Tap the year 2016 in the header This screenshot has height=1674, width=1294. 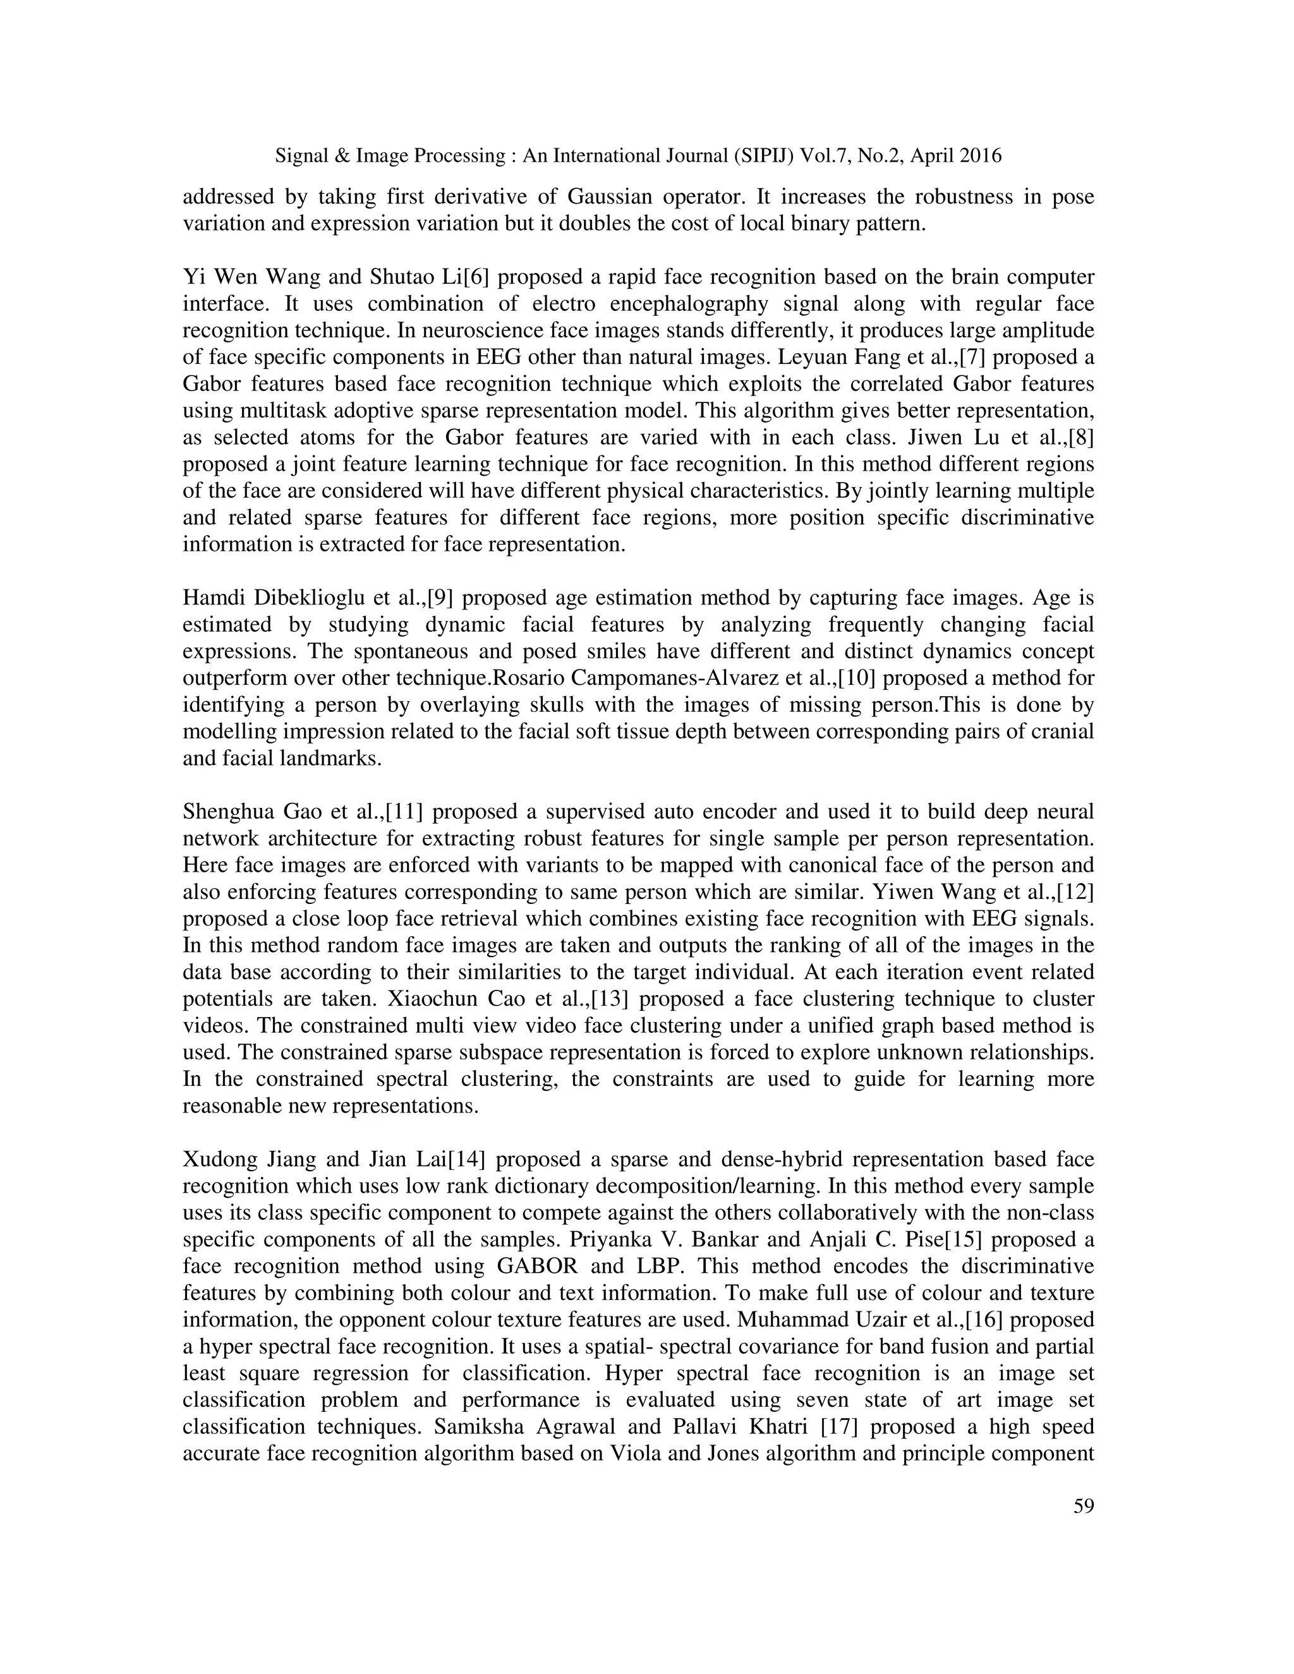pyautogui.click(x=978, y=157)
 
